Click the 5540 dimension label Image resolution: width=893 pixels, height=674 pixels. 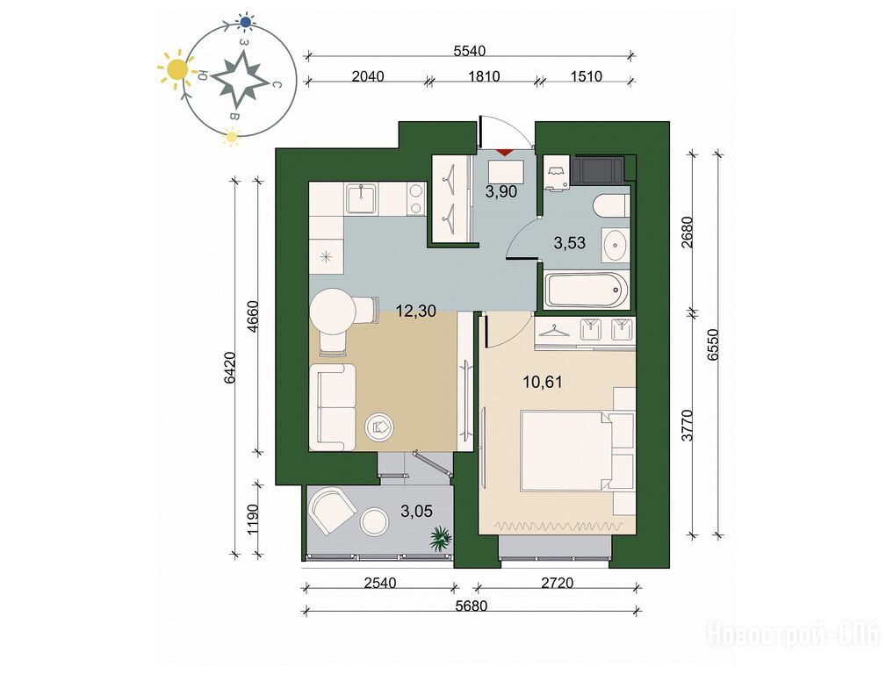click(x=469, y=51)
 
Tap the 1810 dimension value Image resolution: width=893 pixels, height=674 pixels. click(x=484, y=75)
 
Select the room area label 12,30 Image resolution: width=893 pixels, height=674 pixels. click(x=415, y=311)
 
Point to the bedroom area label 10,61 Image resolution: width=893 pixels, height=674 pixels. click(x=543, y=382)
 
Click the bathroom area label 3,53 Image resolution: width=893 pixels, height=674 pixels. click(x=570, y=243)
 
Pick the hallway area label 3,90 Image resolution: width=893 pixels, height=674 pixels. click(x=501, y=192)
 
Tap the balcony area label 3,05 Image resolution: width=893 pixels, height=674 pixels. click(x=416, y=511)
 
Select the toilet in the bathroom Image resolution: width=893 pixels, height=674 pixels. click(x=610, y=205)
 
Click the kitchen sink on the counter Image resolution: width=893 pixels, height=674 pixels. click(x=362, y=198)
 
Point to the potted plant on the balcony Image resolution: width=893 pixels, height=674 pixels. click(x=441, y=539)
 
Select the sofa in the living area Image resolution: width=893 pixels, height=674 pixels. click(x=332, y=407)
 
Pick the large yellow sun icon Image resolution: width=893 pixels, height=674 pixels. click(x=177, y=70)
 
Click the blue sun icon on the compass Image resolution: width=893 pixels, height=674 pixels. click(x=246, y=22)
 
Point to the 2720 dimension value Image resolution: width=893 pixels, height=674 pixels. click(x=557, y=583)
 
